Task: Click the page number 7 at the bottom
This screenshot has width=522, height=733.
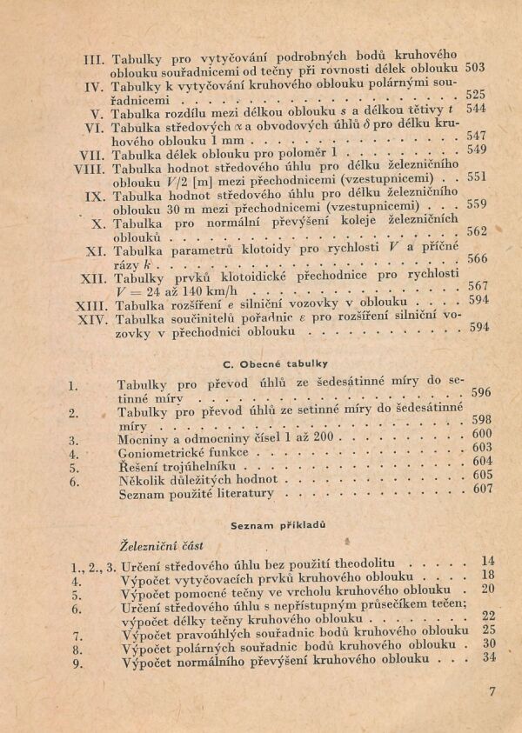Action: point(492,692)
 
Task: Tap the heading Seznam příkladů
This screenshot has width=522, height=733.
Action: point(266,525)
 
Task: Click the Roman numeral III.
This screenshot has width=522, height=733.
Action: point(93,61)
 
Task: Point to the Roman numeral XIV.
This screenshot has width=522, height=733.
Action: point(89,319)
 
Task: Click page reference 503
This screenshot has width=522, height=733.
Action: point(476,67)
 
